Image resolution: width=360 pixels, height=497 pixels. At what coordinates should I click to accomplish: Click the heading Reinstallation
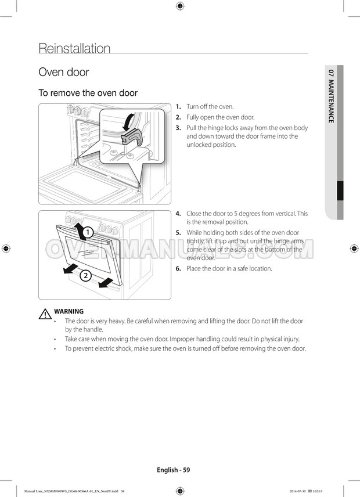click(74, 48)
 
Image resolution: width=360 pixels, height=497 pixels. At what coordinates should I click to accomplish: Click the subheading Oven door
click(63, 73)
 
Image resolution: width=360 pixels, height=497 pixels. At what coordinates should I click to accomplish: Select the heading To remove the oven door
click(88, 93)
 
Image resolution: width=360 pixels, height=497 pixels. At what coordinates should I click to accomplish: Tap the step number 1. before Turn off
click(178, 107)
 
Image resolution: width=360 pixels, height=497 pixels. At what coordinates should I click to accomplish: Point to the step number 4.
click(178, 214)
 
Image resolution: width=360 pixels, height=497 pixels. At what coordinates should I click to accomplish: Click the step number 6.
click(178, 269)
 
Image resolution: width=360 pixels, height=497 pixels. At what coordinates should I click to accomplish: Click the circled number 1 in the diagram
click(86, 233)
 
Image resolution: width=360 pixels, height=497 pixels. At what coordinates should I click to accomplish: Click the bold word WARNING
click(69, 311)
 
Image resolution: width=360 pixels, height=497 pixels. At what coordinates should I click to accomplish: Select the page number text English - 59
click(173, 470)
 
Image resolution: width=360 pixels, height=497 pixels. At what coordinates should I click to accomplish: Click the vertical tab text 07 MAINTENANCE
click(331, 96)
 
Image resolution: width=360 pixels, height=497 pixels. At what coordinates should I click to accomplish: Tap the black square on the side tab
click(340, 190)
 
